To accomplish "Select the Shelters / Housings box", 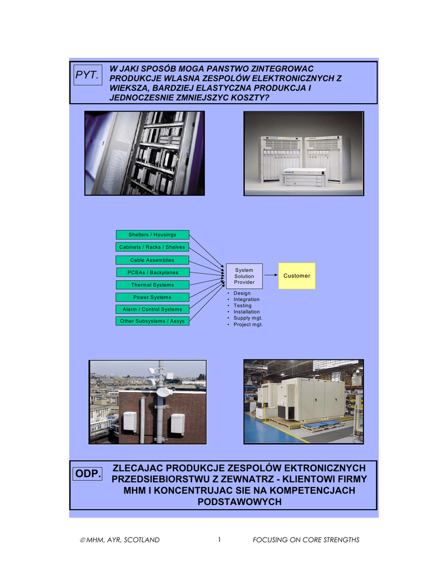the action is click(152, 235).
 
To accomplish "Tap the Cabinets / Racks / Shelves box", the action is click(152, 247).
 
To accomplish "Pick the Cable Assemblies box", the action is click(152, 260).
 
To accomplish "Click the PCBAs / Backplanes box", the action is click(152, 272).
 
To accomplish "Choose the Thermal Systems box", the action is click(152, 285).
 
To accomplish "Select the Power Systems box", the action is click(152, 297).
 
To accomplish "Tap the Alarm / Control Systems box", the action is click(152, 310).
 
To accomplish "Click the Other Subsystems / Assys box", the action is click(152, 321).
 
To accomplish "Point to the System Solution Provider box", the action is click(244, 276).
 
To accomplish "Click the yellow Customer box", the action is click(296, 276).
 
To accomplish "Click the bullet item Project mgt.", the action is click(248, 324).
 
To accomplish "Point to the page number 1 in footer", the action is click(219, 539).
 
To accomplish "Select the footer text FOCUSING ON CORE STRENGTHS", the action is click(306, 540).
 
